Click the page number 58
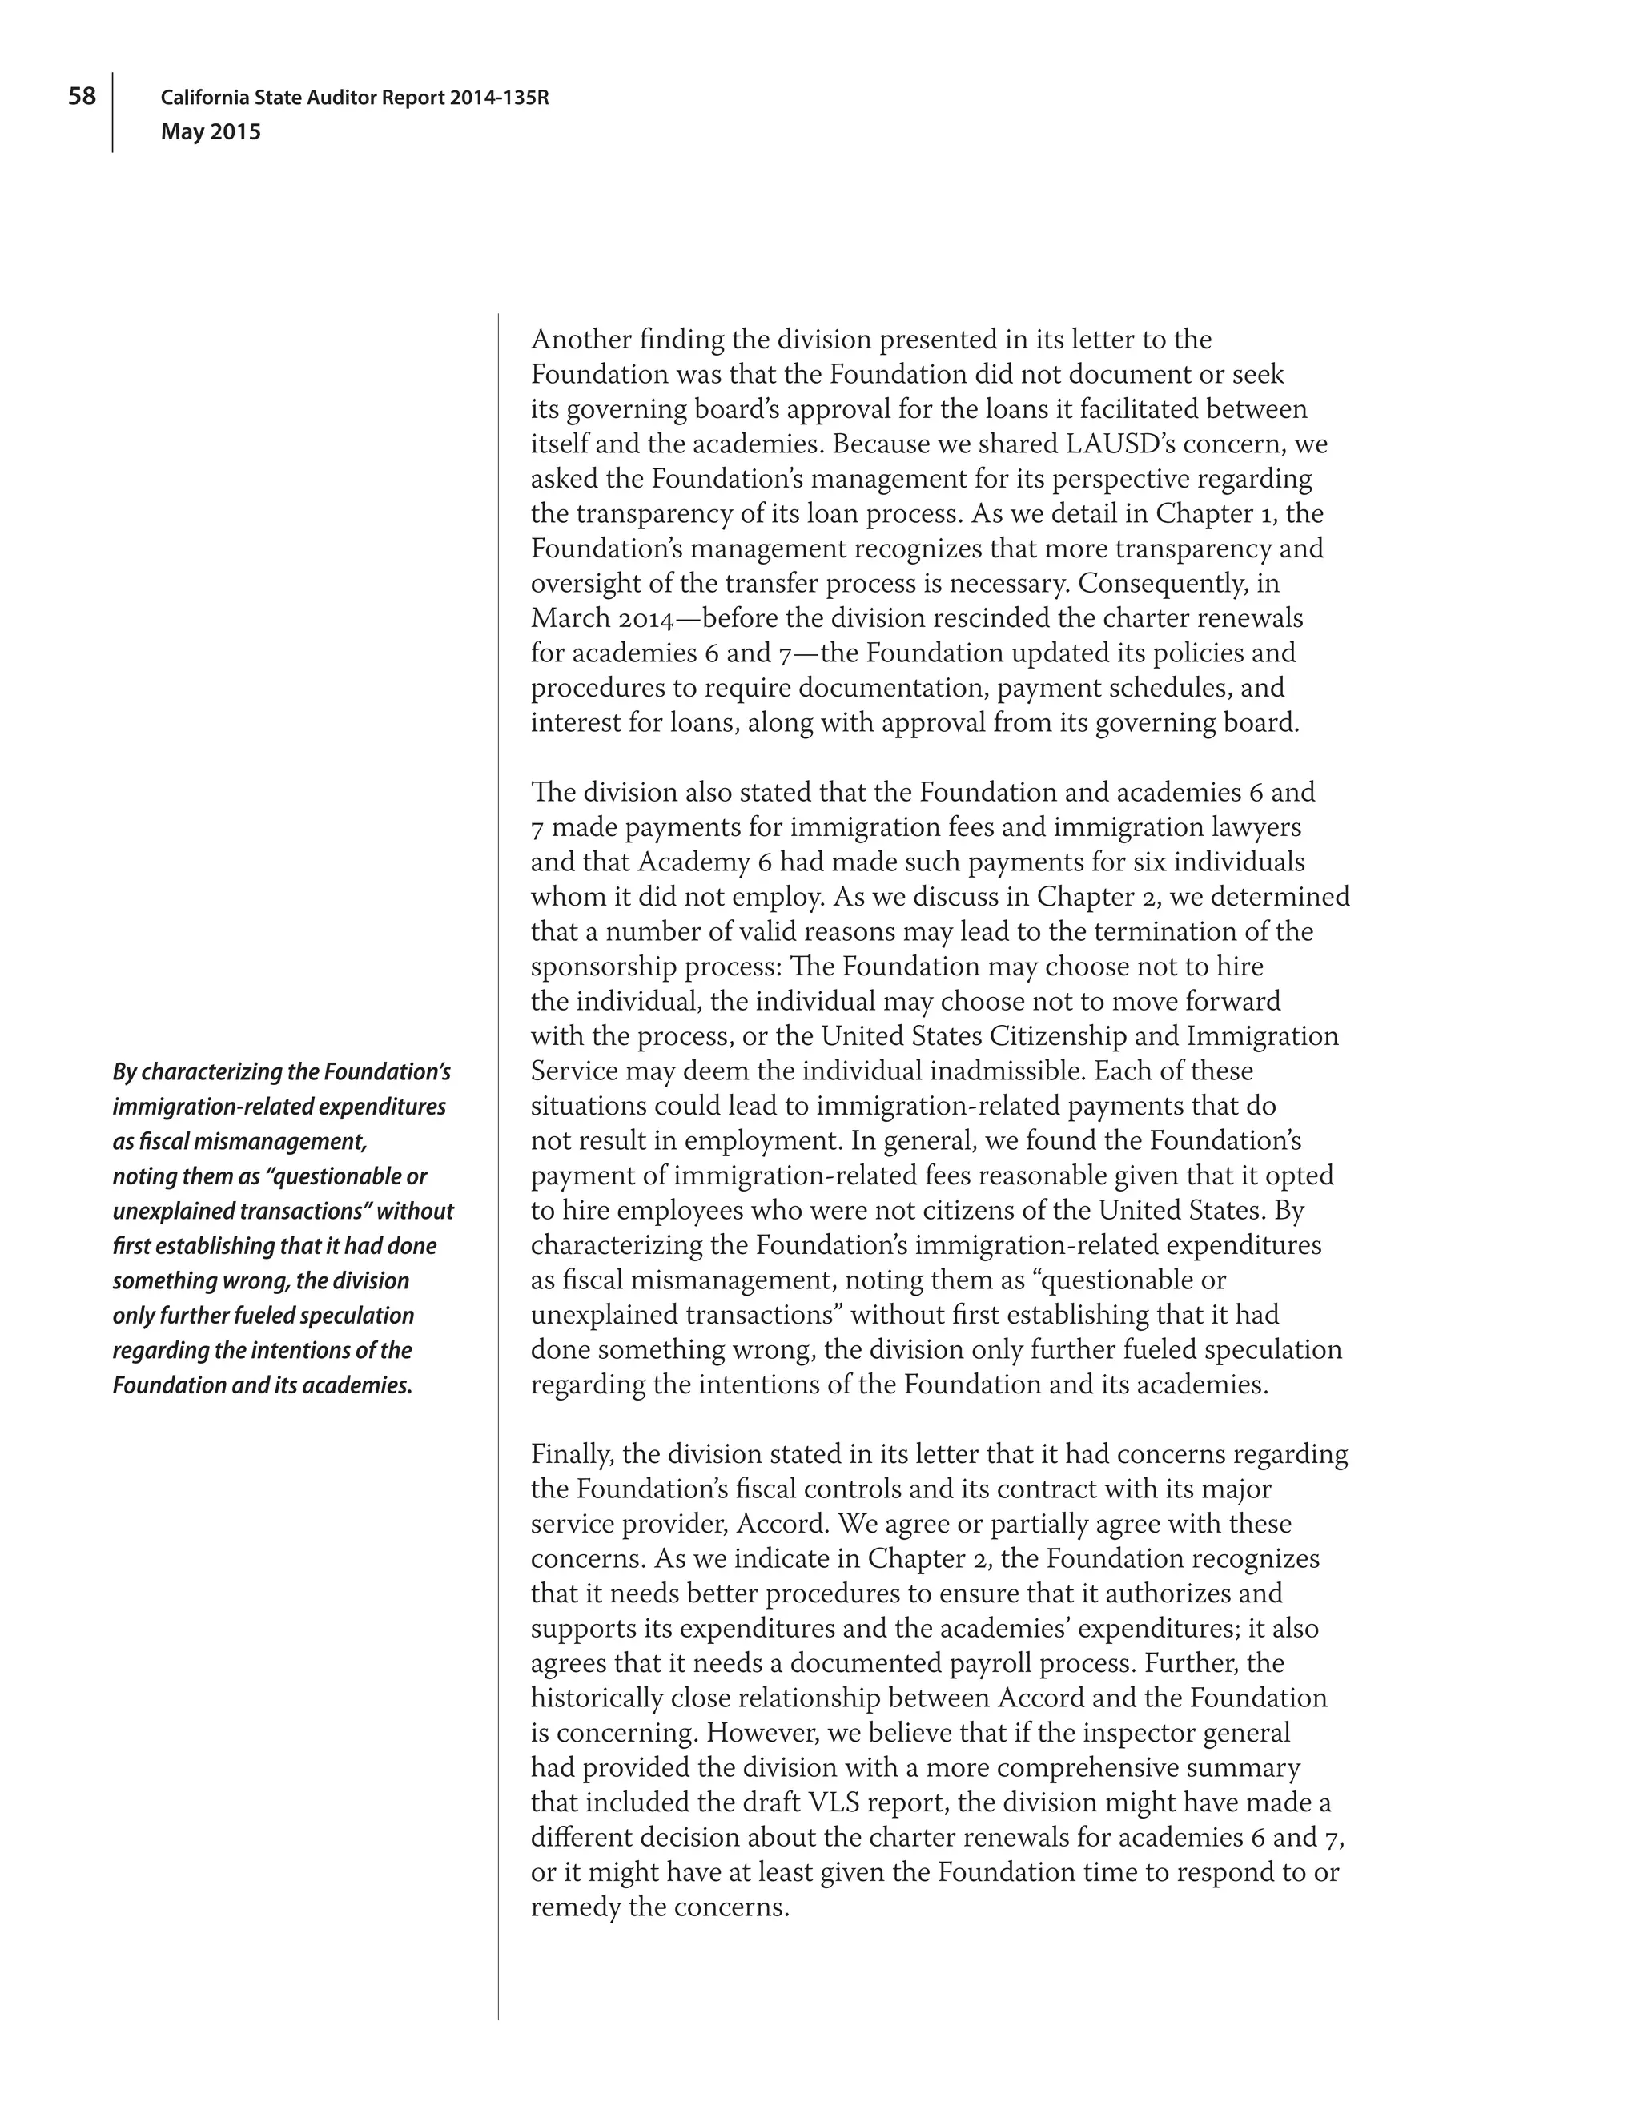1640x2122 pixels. pos(82,96)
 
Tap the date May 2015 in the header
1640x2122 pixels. pos(211,132)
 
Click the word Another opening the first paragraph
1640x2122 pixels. pos(580,340)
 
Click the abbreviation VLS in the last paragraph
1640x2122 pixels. pos(832,1803)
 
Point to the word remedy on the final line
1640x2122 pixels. pos(575,1907)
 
